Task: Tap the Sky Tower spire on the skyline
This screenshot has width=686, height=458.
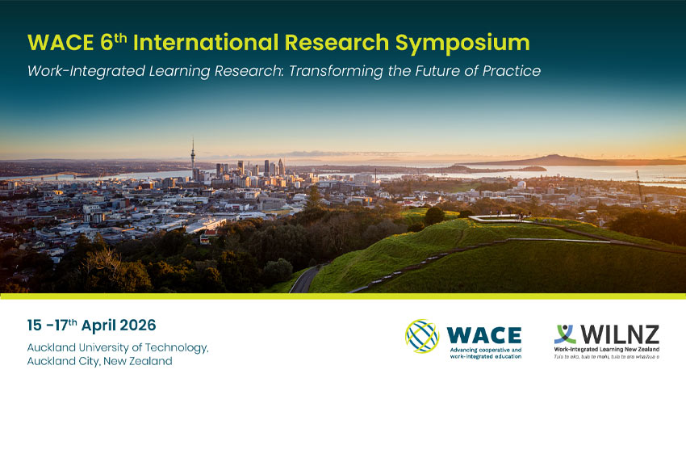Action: click(x=193, y=153)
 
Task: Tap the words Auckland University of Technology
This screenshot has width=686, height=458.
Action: click(x=117, y=347)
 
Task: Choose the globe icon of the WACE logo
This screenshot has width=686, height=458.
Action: click(x=421, y=336)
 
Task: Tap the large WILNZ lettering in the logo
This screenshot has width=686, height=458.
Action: click(x=618, y=333)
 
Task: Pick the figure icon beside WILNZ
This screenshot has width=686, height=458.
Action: click(x=565, y=334)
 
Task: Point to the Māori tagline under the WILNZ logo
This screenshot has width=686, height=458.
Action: click(x=606, y=356)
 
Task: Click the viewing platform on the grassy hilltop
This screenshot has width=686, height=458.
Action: click(x=496, y=217)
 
